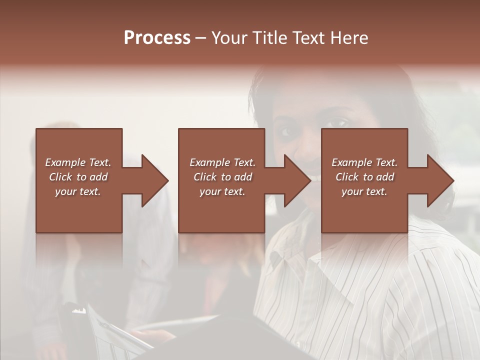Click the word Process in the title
[x=157, y=38]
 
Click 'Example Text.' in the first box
[x=78, y=162]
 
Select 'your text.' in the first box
[x=78, y=191]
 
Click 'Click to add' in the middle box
[x=222, y=177]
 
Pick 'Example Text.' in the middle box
[x=222, y=162]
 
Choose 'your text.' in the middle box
[x=222, y=191]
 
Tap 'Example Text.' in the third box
[x=364, y=162]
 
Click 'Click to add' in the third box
[x=364, y=177]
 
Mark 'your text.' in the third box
[x=364, y=191]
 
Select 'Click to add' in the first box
[x=78, y=177]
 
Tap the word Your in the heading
[x=229, y=38]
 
